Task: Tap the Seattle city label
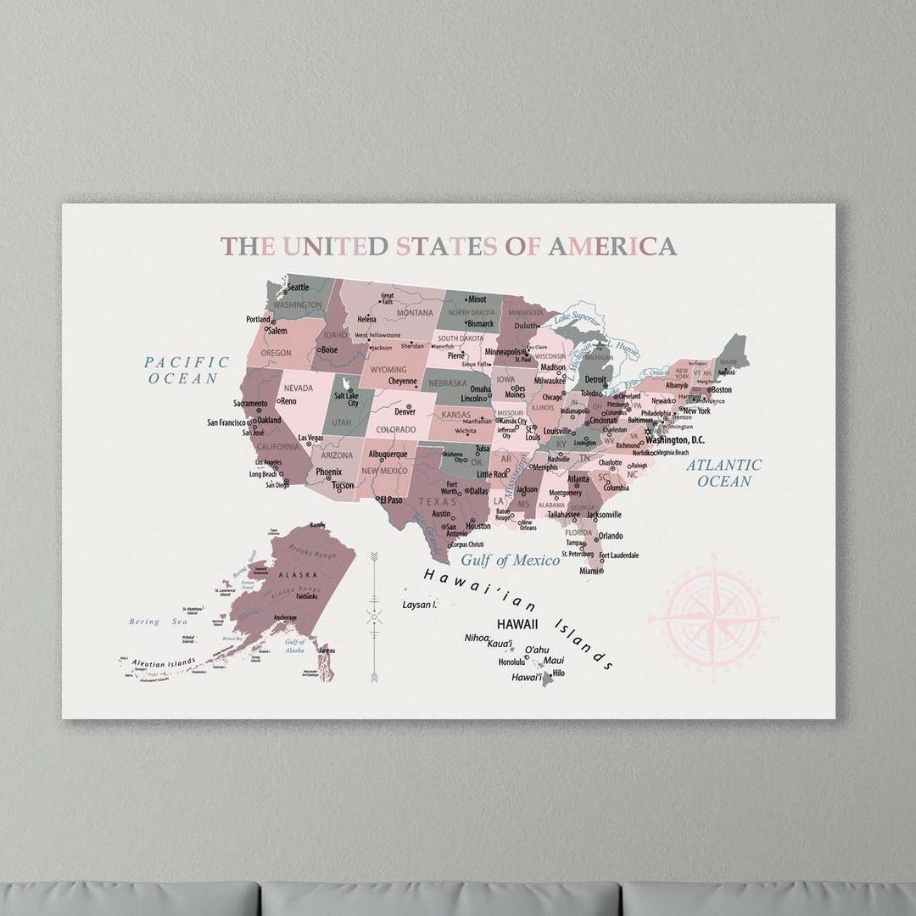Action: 298,288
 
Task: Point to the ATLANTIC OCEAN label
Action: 724,473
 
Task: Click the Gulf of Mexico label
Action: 511,560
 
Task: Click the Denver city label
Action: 405,412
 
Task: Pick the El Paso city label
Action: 393,500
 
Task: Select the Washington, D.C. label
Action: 675,440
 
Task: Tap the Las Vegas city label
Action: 310,438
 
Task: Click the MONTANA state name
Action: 414,313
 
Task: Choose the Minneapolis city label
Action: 503,351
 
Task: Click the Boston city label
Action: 721,390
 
